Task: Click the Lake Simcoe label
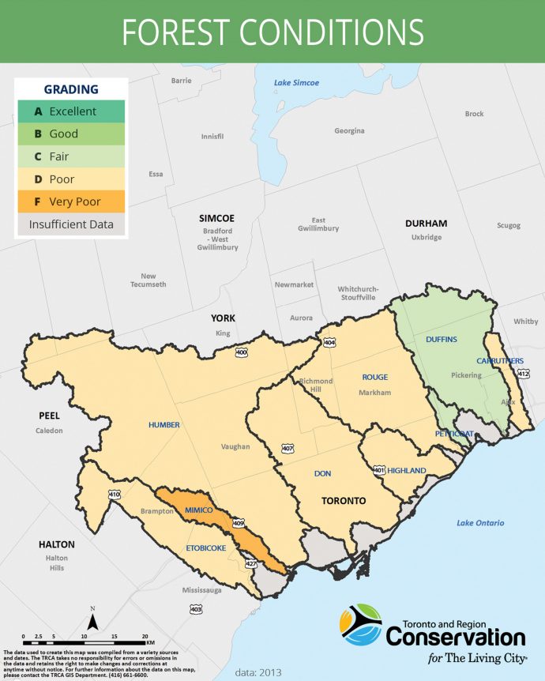[296, 83]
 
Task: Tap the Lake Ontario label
[481, 523]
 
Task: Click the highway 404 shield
[328, 343]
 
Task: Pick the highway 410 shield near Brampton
[115, 495]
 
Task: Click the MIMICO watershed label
[200, 511]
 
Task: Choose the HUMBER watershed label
[164, 425]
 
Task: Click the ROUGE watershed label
[375, 377]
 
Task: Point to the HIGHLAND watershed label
[407, 471]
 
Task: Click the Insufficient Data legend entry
[71, 224]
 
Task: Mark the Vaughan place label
[235, 446]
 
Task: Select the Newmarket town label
[294, 284]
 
